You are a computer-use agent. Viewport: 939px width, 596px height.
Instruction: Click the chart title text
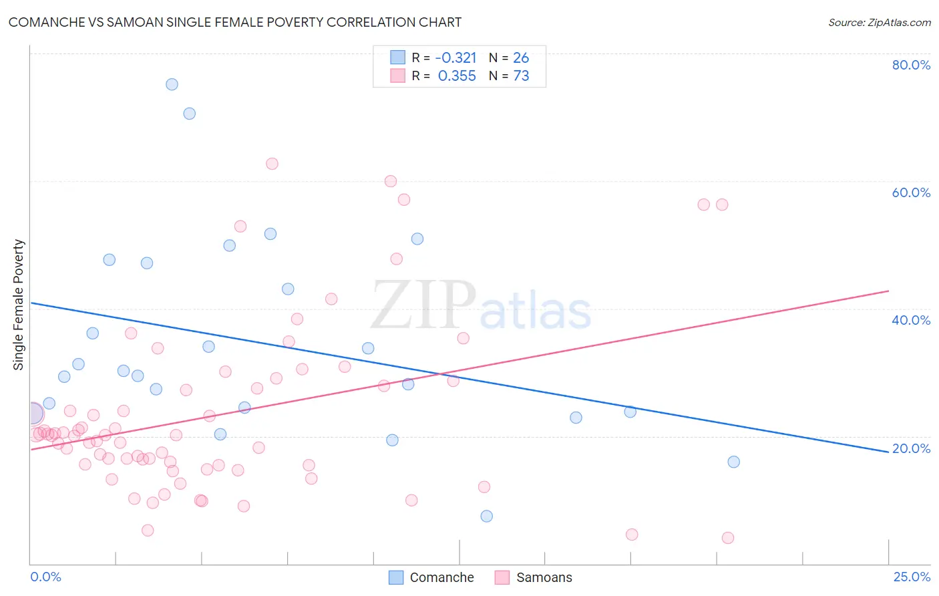point(234,22)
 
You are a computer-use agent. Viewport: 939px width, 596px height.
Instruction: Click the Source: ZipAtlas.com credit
point(879,22)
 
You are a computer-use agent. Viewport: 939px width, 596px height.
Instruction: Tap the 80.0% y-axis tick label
point(911,65)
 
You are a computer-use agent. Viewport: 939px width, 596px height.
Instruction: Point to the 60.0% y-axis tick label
point(911,192)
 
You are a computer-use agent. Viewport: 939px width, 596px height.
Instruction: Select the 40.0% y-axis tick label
point(911,320)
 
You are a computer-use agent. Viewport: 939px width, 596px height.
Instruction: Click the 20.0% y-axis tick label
point(911,448)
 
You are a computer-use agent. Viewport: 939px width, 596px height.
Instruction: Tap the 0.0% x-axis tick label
point(45,577)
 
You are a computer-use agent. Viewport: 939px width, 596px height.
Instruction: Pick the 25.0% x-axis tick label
point(912,577)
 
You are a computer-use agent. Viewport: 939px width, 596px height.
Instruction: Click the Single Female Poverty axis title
point(19,305)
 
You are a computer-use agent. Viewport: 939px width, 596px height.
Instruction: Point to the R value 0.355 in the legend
point(457,76)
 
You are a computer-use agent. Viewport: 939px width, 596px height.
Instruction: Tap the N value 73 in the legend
point(521,76)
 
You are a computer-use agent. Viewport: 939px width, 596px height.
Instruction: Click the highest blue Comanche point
point(172,84)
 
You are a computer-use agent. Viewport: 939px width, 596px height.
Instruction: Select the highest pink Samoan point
point(272,164)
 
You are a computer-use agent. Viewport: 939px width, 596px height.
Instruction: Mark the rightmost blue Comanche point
point(733,462)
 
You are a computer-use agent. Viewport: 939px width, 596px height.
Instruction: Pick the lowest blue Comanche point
point(486,516)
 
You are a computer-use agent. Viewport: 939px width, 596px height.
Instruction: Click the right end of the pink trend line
point(888,291)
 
